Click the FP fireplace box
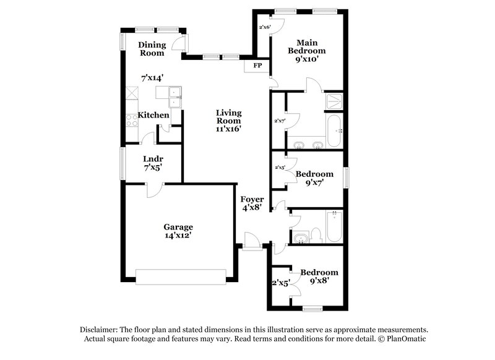point(257,64)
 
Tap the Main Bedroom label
point(306,51)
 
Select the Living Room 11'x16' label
point(228,121)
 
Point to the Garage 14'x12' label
point(178,231)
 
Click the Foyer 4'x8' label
point(252,204)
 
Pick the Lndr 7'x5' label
point(153,163)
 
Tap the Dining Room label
point(152,49)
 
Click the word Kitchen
point(153,115)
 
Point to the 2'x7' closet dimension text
point(280,121)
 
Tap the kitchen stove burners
point(131,120)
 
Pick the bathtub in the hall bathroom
point(334,226)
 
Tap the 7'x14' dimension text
point(152,78)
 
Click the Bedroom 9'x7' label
point(314,178)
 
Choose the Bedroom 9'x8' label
point(319,276)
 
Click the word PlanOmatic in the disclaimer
point(403,339)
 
